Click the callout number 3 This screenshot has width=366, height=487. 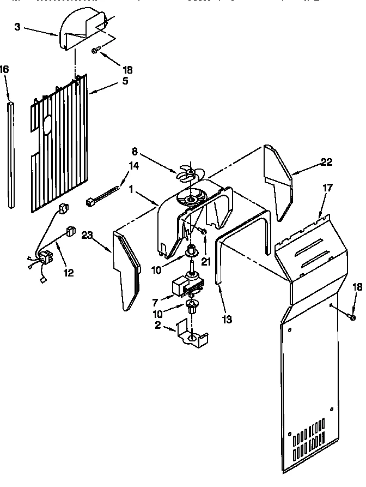(17, 27)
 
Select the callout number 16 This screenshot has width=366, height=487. (4, 69)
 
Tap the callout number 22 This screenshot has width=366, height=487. (326, 162)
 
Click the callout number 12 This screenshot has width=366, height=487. (68, 272)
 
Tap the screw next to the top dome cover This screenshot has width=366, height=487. (95, 50)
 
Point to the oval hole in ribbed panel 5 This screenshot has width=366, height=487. (46, 125)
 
